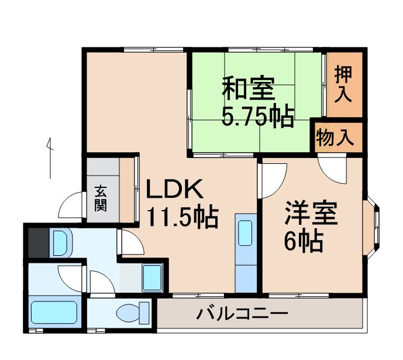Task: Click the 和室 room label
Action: [247, 90]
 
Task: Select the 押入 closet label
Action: [345, 84]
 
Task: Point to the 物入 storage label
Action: [335, 138]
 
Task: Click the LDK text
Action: [174, 190]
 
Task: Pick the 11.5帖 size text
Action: [182, 218]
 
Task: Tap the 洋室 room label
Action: [311, 214]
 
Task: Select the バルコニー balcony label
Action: [242, 314]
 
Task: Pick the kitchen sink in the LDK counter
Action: [245, 232]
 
